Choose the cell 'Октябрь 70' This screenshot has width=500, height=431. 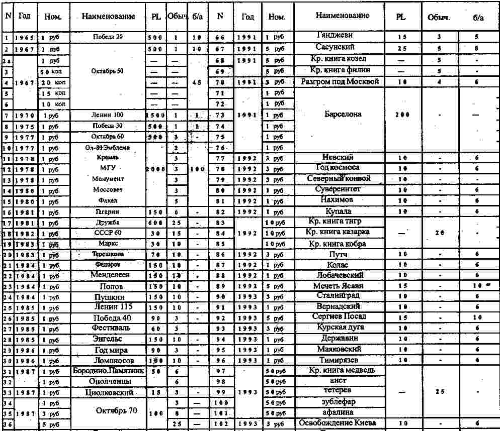click(116, 410)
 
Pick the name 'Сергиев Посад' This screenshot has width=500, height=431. click(339, 316)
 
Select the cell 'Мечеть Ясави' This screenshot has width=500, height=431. click(339, 285)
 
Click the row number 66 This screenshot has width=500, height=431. click(220, 38)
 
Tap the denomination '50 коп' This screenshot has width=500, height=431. click(52, 72)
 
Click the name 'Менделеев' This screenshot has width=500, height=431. click(110, 275)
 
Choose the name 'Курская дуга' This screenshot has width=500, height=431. click(339, 328)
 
